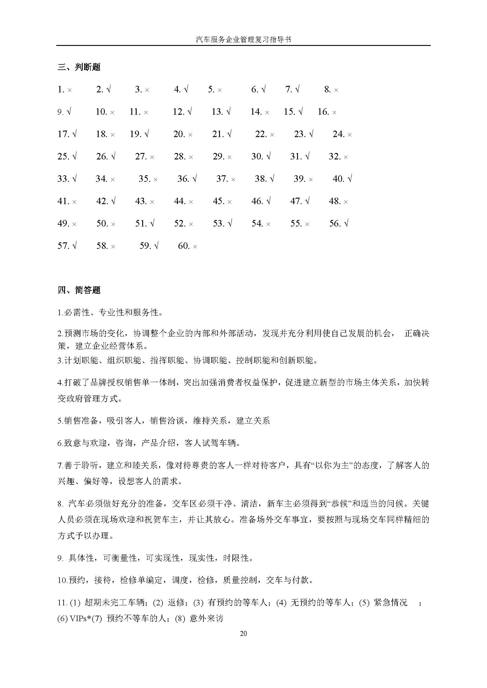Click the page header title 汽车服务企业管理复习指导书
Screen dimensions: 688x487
(243, 39)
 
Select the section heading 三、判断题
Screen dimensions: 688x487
(79, 67)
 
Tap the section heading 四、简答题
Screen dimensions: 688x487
(79, 290)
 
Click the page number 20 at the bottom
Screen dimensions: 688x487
(243, 633)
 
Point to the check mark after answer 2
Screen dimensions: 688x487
(109, 89)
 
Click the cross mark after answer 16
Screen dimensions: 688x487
(334, 113)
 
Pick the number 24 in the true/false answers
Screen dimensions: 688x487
(338, 134)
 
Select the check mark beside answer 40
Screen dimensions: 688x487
(350, 179)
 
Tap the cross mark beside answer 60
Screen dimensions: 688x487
(195, 246)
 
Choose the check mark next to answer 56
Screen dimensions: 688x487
(346, 223)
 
